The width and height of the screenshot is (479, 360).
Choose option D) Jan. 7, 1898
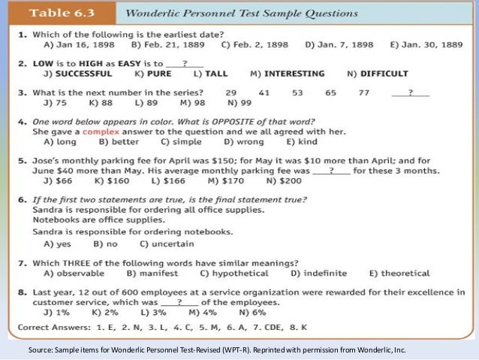tap(339, 44)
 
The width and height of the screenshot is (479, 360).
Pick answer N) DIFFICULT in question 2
tap(378, 74)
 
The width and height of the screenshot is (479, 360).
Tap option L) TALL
tap(211, 74)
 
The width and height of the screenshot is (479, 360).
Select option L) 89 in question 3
tap(146, 102)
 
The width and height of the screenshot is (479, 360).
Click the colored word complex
tap(101, 131)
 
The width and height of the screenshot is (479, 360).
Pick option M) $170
tap(223, 181)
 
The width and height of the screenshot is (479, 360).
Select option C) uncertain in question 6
tap(167, 244)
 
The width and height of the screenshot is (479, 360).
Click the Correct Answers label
tap(48, 327)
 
